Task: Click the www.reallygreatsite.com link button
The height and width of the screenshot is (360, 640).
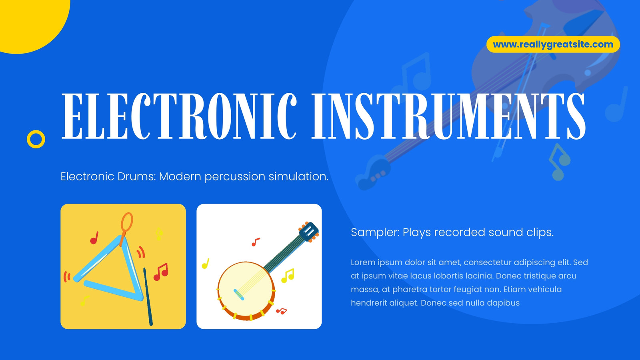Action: tap(553, 44)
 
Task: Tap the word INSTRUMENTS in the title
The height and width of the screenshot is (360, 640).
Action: tap(448, 116)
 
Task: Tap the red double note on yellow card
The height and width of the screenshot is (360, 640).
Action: tap(161, 272)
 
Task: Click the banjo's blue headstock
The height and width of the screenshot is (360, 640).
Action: tap(309, 232)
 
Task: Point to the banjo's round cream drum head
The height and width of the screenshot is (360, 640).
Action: tap(245, 289)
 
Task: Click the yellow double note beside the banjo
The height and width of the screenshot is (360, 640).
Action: tap(288, 276)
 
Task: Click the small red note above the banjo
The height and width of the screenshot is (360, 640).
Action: tap(256, 242)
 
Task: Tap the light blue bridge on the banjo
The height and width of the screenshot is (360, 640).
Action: tap(239, 294)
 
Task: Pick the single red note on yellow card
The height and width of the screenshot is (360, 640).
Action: tap(94, 238)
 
